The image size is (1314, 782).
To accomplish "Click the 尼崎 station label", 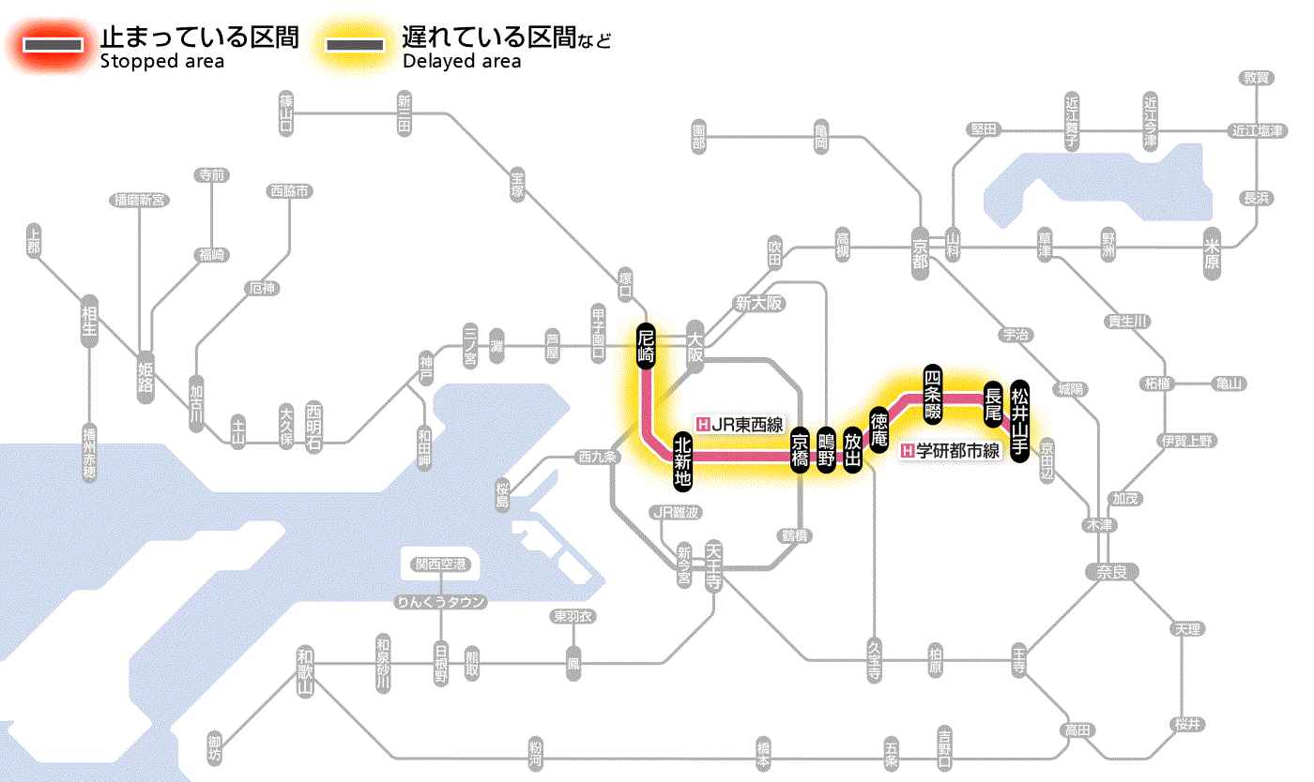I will click(646, 346).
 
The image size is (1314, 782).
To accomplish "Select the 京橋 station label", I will click(800, 449).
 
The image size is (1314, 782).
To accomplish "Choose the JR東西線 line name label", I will click(741, 423).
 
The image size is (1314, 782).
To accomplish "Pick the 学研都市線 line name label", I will click(951, 450).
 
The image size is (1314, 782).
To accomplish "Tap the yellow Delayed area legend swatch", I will click(354, 44).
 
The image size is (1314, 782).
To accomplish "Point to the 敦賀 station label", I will click(1256, 78).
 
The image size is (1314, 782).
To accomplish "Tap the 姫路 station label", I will click(145, 377).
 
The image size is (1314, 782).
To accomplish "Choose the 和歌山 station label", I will click(303, 670).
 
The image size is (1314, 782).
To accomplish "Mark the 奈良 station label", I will click(1111, 570).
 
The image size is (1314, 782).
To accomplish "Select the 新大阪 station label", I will click(758, 303).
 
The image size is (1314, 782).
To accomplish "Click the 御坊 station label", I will click(215, 747).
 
